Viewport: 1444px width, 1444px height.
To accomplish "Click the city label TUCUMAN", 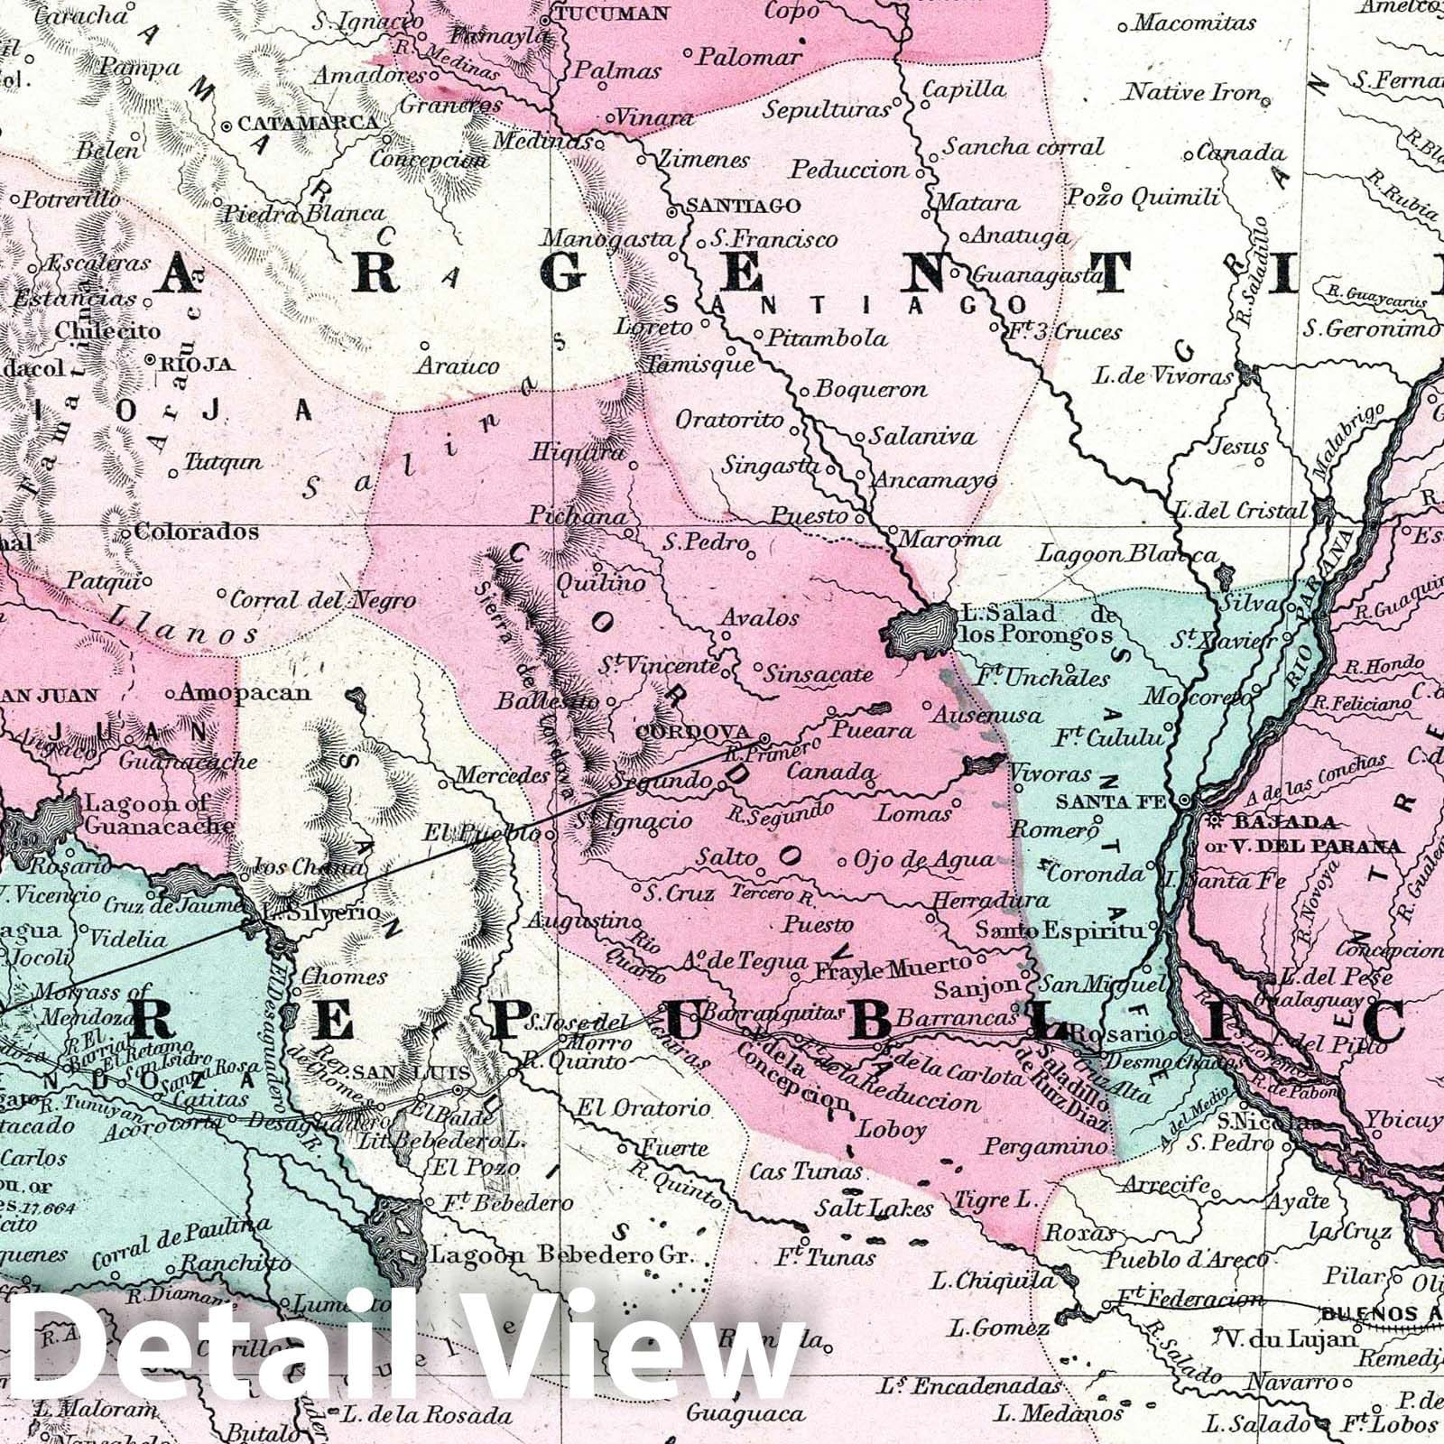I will click(x=612, y=14).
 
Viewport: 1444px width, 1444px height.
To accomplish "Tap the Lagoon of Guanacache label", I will click(x=159, y=813).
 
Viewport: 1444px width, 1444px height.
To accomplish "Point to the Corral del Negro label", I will click(x=323, y=600).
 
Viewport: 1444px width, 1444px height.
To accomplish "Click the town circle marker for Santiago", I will click(x=672, y=212).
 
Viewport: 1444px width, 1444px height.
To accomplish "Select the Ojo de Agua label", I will click(x=923, y=860).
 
